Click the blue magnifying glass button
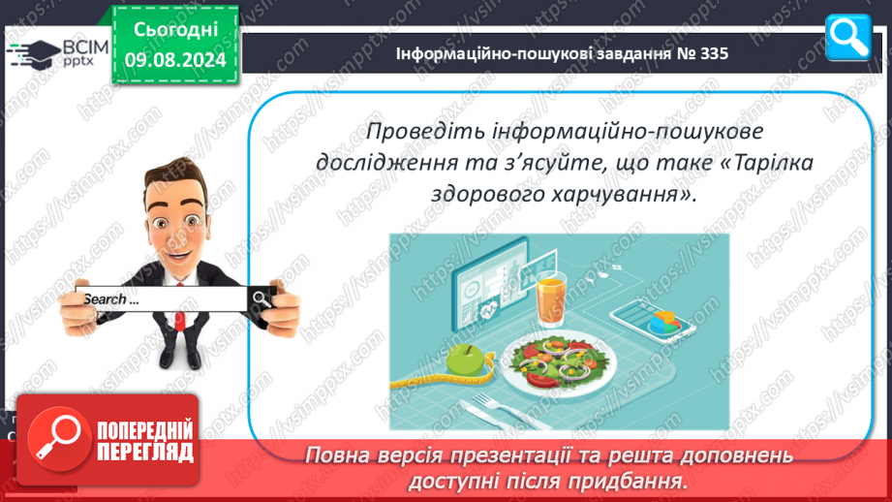[847, 38]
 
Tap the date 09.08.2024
[175, 60]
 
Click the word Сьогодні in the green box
[175, 30]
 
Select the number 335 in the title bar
[714, 53]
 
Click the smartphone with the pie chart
[653, 322]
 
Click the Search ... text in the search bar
[111, 299]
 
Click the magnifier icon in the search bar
[261, 298]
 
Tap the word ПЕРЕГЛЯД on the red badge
[145, 452]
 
